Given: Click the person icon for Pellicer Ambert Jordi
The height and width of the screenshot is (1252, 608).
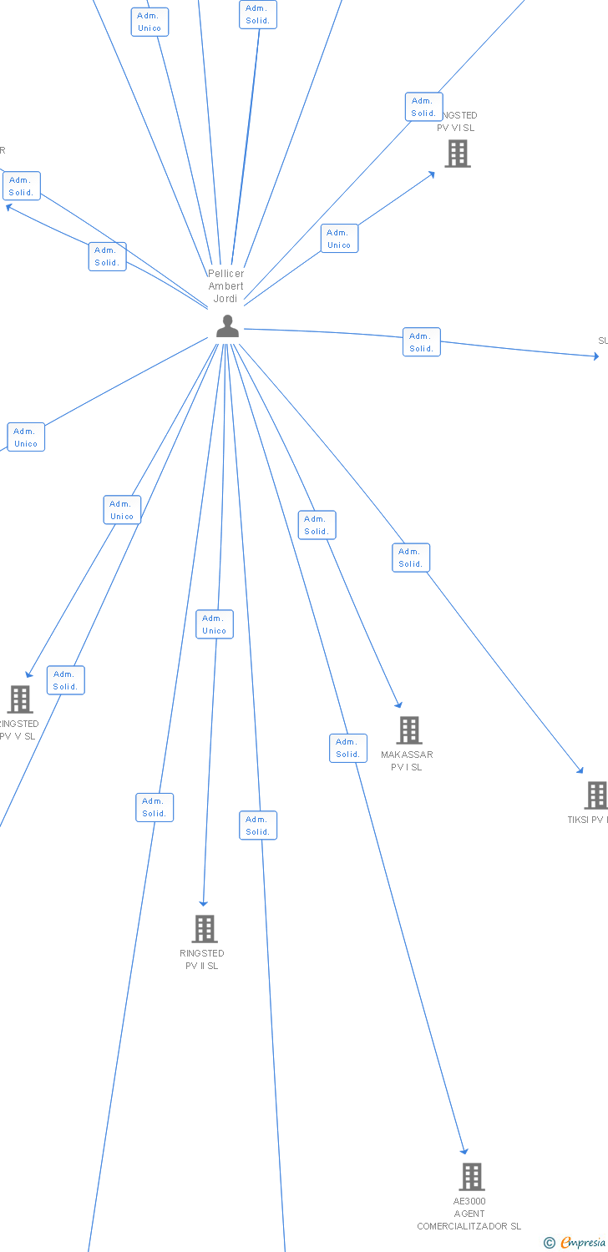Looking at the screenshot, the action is tap(227, 326).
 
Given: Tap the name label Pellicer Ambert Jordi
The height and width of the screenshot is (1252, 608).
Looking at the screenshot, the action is tap(225, 286).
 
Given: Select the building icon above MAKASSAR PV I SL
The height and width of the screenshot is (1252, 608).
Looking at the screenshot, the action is tap(408, 730).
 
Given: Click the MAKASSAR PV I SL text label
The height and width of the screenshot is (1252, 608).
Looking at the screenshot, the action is tap(407, 761).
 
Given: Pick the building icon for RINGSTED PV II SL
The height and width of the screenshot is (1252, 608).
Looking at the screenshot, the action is tap(204, 928).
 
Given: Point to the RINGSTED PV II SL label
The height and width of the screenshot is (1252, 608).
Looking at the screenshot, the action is tap(202, 960).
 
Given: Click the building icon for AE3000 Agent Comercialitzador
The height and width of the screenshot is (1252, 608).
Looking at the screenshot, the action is tap(472, 1177).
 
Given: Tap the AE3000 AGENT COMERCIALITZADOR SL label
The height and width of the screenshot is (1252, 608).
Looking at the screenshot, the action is tap(469, 1214).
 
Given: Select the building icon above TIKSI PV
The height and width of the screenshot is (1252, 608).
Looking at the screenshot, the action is tap(596, 795).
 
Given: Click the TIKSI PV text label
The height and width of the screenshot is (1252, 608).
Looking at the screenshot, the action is tap(587, 820).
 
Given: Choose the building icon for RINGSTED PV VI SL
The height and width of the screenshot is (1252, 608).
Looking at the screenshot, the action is tap(458, 154).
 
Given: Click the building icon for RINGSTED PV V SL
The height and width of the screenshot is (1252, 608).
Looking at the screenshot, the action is tap(19, 699).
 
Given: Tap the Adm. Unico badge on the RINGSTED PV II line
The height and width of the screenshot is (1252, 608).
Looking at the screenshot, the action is tap(215, 624).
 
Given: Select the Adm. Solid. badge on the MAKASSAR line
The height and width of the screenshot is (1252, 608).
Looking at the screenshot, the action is tap(317, 525).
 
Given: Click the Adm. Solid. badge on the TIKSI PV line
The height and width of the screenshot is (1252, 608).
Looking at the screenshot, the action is tap(411, 558).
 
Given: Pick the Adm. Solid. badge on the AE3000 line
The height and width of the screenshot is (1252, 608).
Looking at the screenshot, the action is tap(347, 748).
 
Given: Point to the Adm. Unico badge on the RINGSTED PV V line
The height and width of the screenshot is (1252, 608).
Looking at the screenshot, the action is tap(122, 510).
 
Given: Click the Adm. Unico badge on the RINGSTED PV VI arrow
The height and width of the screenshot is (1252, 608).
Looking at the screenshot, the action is tap(339, 239).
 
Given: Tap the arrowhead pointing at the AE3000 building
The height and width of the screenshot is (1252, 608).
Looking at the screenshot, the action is tap(464, 1151).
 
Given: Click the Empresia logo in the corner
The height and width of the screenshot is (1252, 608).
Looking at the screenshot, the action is tap(575, 1243).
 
